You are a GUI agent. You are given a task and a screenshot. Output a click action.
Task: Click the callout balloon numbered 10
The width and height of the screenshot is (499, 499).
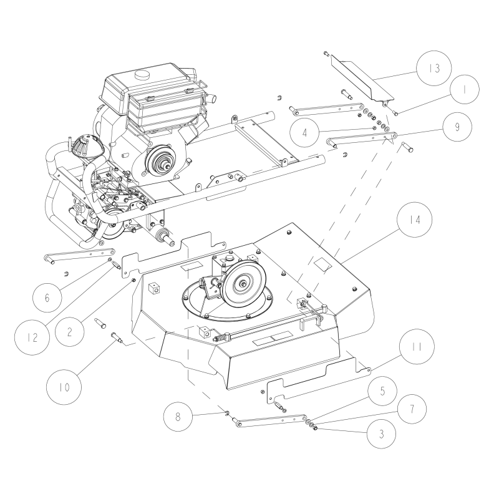click(x=64, y=387)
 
